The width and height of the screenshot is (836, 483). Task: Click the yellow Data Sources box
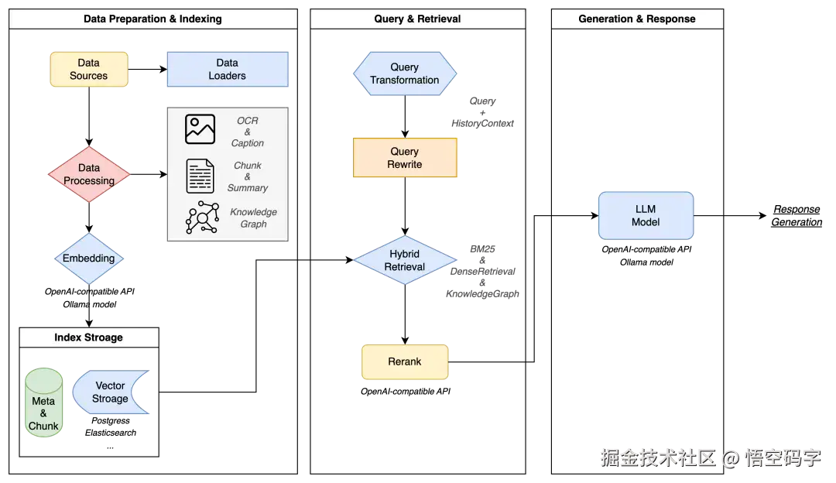(89, 70)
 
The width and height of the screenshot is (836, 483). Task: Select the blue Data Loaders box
(228, 70)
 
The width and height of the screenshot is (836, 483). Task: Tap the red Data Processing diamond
(89, 174)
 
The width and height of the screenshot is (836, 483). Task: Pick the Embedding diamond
(89, 259)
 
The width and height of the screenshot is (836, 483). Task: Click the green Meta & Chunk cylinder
(43, 402)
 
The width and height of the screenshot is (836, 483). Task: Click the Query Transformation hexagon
(405, 74)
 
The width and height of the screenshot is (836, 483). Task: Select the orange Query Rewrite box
(405, 158)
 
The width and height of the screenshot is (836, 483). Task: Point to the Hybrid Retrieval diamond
(405, 260)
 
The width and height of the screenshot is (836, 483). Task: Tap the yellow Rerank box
(405, 362)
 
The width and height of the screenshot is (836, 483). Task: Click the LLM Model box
(646, 216)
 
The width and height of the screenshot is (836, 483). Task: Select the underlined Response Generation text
(797, 216)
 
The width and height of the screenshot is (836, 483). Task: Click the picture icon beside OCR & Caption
(200, 129)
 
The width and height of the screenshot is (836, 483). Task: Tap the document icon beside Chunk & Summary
(200, 176)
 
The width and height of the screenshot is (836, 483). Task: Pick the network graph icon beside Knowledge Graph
(202, 217)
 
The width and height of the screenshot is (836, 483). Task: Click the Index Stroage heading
(88, 337)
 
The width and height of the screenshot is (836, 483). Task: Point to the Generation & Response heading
(637, 19)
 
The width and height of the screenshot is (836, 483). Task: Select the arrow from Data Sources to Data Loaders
(148, 70)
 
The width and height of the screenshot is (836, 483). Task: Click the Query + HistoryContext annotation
(482, 112)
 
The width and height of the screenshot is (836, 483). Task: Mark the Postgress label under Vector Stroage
(111, 420)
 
